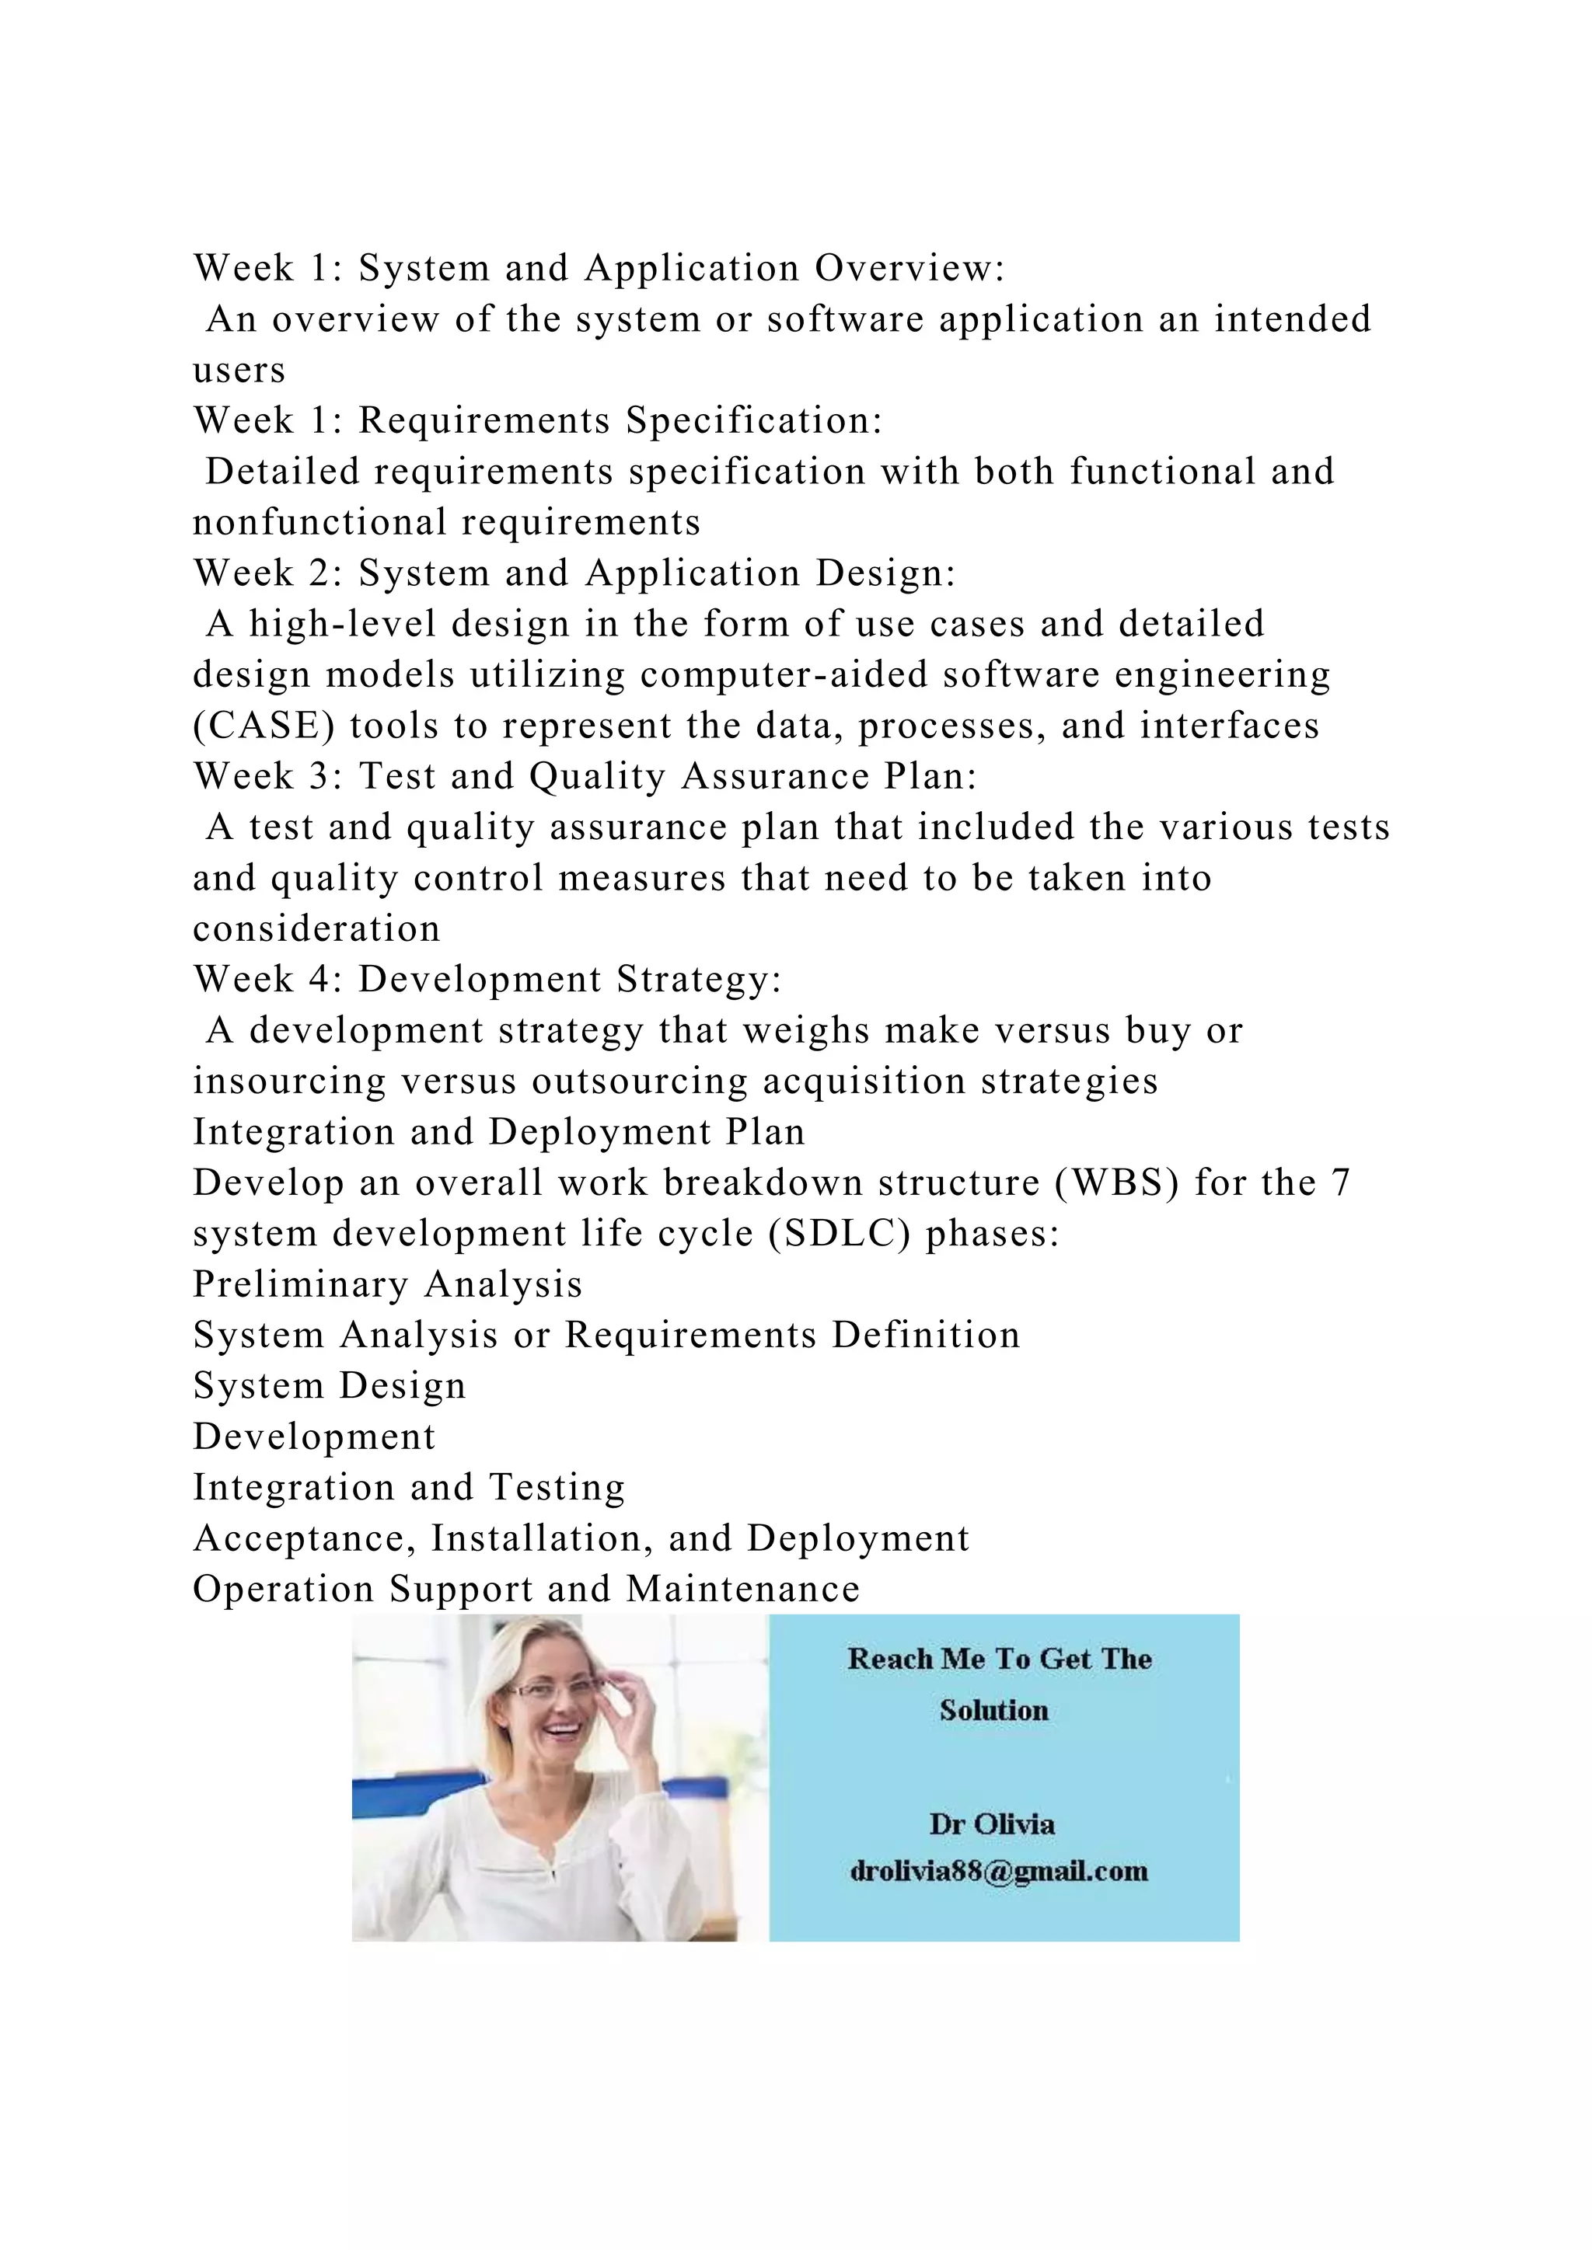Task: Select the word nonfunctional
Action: click(319, 522)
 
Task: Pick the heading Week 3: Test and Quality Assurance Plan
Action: click(585, 776)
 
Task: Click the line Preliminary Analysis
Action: click(387, 1285)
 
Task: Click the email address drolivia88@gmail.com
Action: click(999, 1871)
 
